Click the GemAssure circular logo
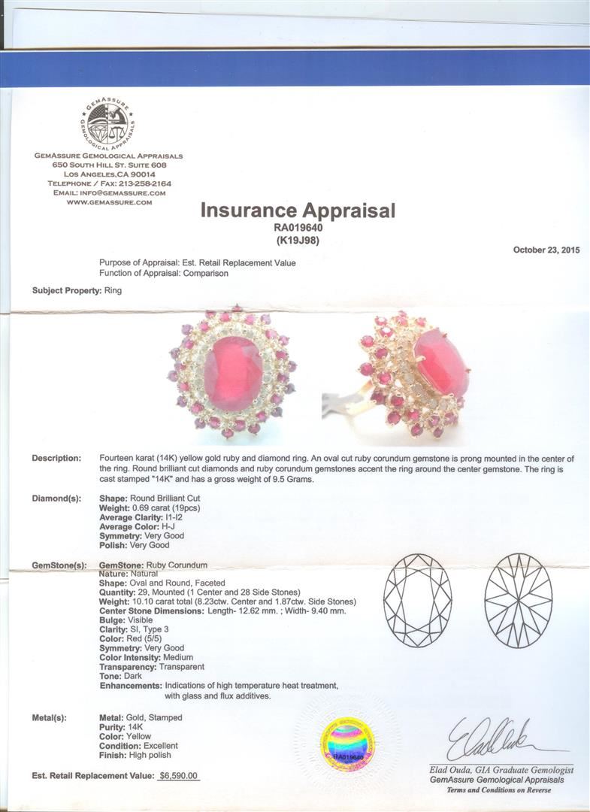(x=107, y=123)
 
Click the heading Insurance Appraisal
(x=297, y=211)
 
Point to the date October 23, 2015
(x=546, y=250)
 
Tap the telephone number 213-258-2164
(x=142, y=183)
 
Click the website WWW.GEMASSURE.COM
(x=108, y=202)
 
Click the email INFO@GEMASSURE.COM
(x=129, y=192)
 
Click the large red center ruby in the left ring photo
(x=233, y=368)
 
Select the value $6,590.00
(x=178, y=775)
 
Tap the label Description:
(x=56, y=459)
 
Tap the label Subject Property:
(x=66, y=289)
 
